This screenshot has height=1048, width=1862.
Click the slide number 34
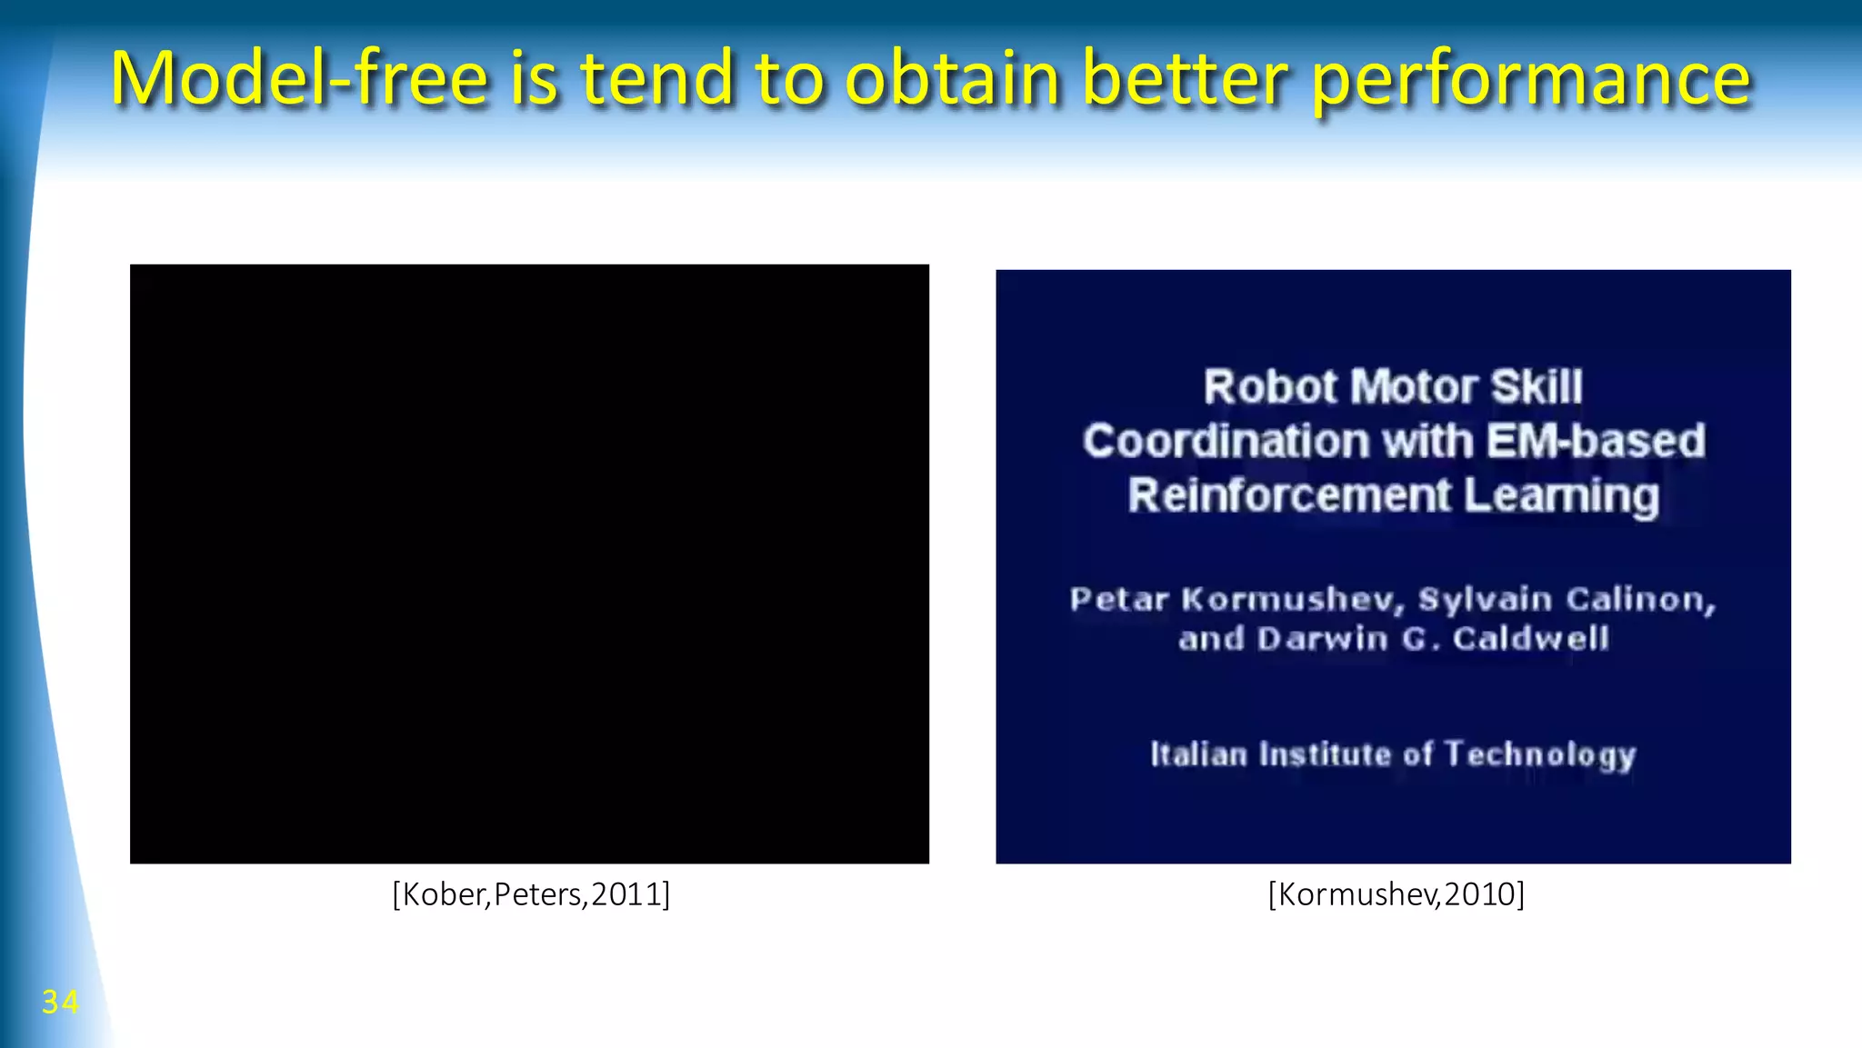pos(60,1002)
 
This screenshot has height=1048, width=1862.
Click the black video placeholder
pos(529,564)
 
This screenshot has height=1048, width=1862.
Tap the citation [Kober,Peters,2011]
pos(531,894)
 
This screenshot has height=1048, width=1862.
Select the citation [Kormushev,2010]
pos(1396,894)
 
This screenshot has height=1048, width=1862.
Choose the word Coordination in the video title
pos(1225,442)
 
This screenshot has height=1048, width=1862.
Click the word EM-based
pos(1596,442)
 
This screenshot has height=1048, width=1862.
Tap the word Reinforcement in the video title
pos(1289,496)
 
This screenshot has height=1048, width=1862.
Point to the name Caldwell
pos(1531,639)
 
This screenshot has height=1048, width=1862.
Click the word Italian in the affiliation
pos(1198,754)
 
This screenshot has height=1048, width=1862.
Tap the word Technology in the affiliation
pos(1540,755)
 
